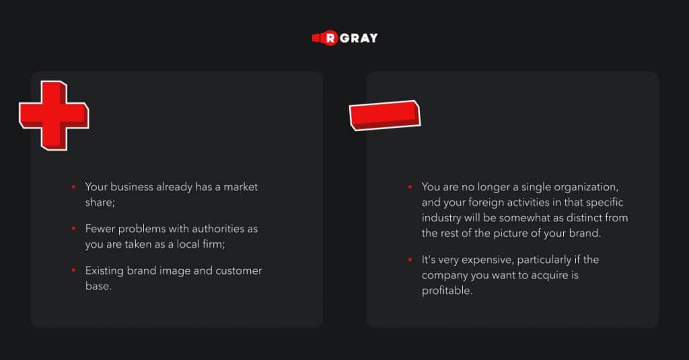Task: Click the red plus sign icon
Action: click(x=54, y=116)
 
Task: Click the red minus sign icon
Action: click(x=384, y=115)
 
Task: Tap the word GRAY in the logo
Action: click(x=359, y=38)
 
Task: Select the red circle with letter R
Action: click(x=330, y=38)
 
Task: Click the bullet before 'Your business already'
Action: click(x=73, y=187)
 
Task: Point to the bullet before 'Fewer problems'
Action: click(x=73, y=229)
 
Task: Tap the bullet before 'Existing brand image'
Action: click(x=73, y=271)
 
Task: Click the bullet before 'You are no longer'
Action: click(x=410, y=187)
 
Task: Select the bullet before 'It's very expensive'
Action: click(x=410, y=260)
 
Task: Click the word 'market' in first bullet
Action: click(x=240, y=187)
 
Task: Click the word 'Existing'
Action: click(x=104, y=271)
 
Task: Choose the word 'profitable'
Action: click(x=447, y=291)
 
